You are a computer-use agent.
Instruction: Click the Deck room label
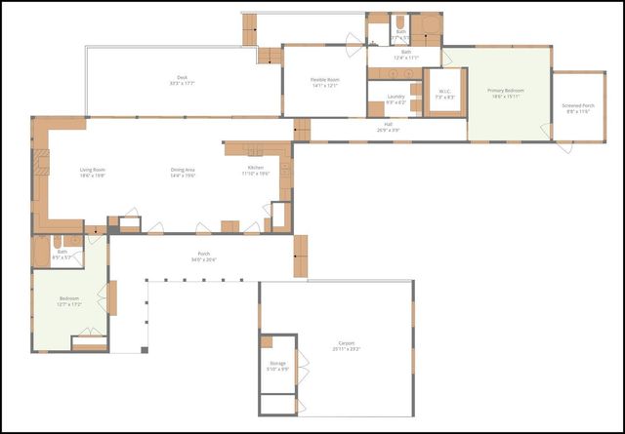pos(182,80)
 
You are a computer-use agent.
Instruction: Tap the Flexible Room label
pos(325,82)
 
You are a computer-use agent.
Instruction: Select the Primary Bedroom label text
pos(507,94)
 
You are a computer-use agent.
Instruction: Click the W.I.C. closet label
pos(444,95)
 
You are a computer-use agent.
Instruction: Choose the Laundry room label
pos(396,99)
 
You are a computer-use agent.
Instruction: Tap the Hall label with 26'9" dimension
pos(388,127)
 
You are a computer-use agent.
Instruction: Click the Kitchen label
pos(256,172)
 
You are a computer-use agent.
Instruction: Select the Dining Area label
pos(184,172)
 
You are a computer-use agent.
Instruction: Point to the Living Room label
pos(93,172)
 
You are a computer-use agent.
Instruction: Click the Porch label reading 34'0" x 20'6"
pos(203,256)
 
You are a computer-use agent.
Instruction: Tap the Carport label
pos(348,345)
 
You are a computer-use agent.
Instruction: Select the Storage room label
pos(278,367)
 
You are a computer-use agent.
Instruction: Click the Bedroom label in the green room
pos(68,301)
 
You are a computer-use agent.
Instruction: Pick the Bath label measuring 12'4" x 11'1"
pos(406,55)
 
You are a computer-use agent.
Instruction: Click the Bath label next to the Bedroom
pos(62,254)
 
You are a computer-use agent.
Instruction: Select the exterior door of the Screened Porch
pos(563,147)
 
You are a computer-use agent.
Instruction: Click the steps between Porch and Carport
pos(301,256)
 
